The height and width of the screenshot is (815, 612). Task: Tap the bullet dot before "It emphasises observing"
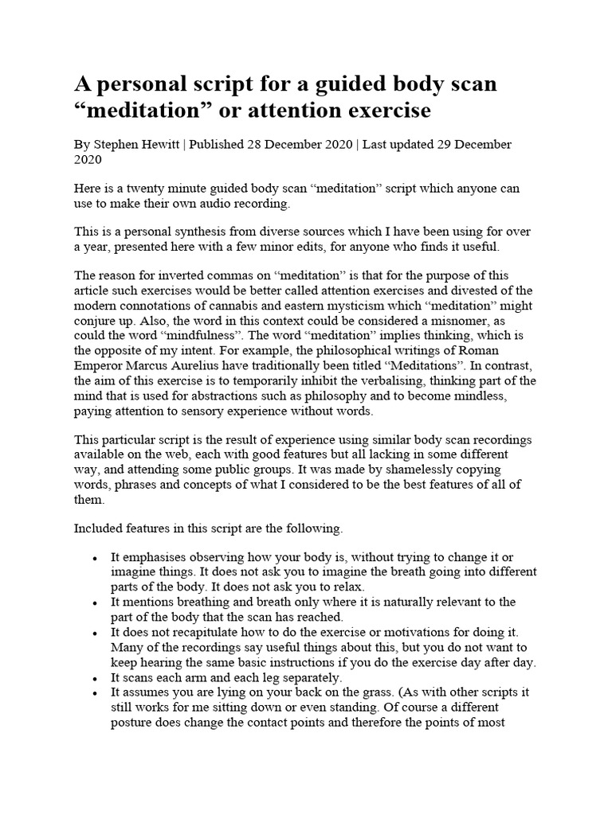click(x=96, y=557)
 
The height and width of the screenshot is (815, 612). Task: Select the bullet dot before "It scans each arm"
click(x=96, y=677)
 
